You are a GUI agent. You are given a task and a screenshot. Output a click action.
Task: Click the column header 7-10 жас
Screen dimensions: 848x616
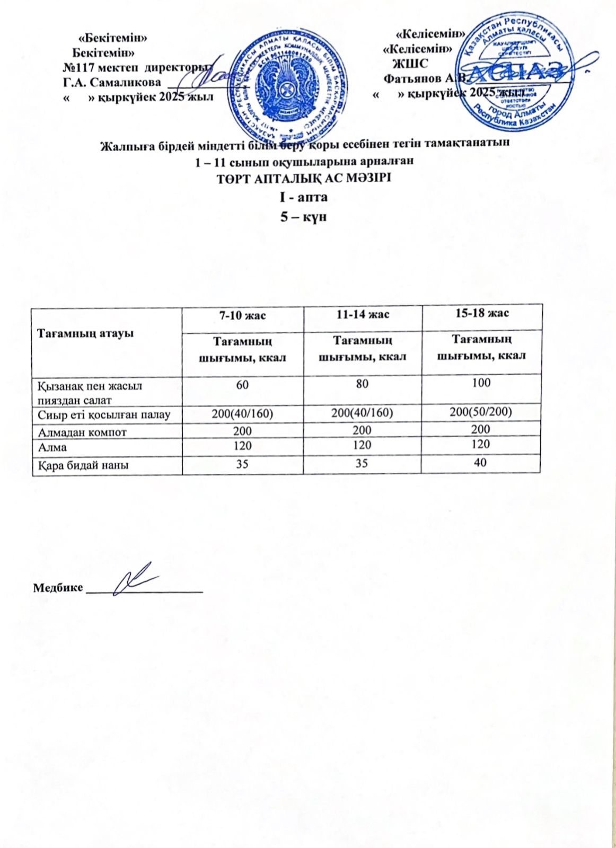point(243,315)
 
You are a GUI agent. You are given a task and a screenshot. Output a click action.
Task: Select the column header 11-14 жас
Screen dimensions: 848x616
point(363,314)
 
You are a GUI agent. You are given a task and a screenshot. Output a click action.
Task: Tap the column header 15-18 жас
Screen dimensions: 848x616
point(482,313)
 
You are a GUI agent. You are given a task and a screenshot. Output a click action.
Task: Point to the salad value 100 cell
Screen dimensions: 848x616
point(481,382)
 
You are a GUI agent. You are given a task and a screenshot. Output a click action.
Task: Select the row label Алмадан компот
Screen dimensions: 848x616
point(82,432)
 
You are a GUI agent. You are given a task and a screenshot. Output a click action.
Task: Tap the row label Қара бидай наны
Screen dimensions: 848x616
point(83,465)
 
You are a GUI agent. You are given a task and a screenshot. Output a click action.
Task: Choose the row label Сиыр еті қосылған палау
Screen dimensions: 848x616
point(104,414)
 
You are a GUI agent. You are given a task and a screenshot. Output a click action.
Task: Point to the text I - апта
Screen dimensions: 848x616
point(304,197)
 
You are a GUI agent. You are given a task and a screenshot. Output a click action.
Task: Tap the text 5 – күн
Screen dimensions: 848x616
point(303,217)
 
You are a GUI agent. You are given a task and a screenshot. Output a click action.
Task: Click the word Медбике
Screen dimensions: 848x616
point(58,588)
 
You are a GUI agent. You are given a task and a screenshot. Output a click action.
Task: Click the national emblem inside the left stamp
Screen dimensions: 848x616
point(287,85)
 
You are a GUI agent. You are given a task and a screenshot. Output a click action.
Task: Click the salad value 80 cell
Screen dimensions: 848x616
point(362,383)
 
